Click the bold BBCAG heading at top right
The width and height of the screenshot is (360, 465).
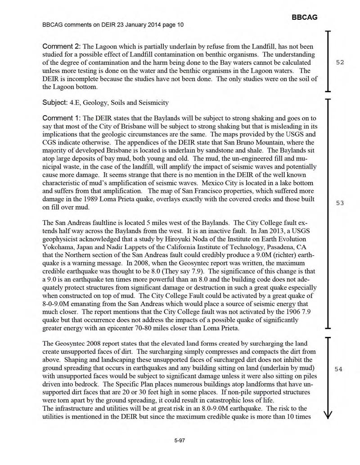[305, 17]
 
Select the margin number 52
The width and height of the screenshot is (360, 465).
[340, 63]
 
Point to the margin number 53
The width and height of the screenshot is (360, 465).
[340, 203]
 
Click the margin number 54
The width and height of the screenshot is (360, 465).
[339, 369]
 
